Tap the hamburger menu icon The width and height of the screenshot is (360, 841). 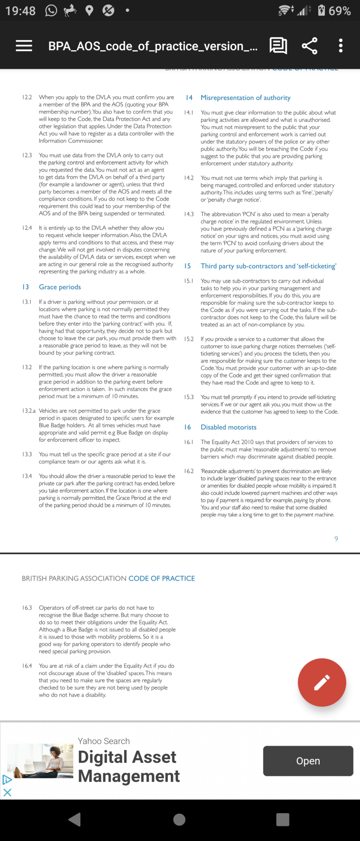[24, 46]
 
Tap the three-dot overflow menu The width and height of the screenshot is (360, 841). [341, 46]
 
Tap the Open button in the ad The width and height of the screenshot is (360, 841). [308, 761]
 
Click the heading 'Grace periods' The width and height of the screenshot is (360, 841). [60, 287]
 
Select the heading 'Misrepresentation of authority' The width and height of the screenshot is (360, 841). [245, 98]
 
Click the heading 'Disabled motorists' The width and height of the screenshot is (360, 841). [228, 427]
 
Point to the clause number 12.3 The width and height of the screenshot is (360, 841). [27, 155]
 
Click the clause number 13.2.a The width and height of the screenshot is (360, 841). [29, 411]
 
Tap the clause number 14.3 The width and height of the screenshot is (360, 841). [189, 214]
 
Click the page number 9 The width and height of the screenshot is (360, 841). [336, 539]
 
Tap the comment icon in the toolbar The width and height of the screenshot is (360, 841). [278, 46]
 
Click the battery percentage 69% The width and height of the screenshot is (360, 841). [339, 11]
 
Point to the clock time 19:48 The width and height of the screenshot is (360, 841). [20, 11]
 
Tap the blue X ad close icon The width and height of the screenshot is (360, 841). [7, 792]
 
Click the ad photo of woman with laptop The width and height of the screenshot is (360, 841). [40, 761]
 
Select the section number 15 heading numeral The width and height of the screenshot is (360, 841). [187, 266]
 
